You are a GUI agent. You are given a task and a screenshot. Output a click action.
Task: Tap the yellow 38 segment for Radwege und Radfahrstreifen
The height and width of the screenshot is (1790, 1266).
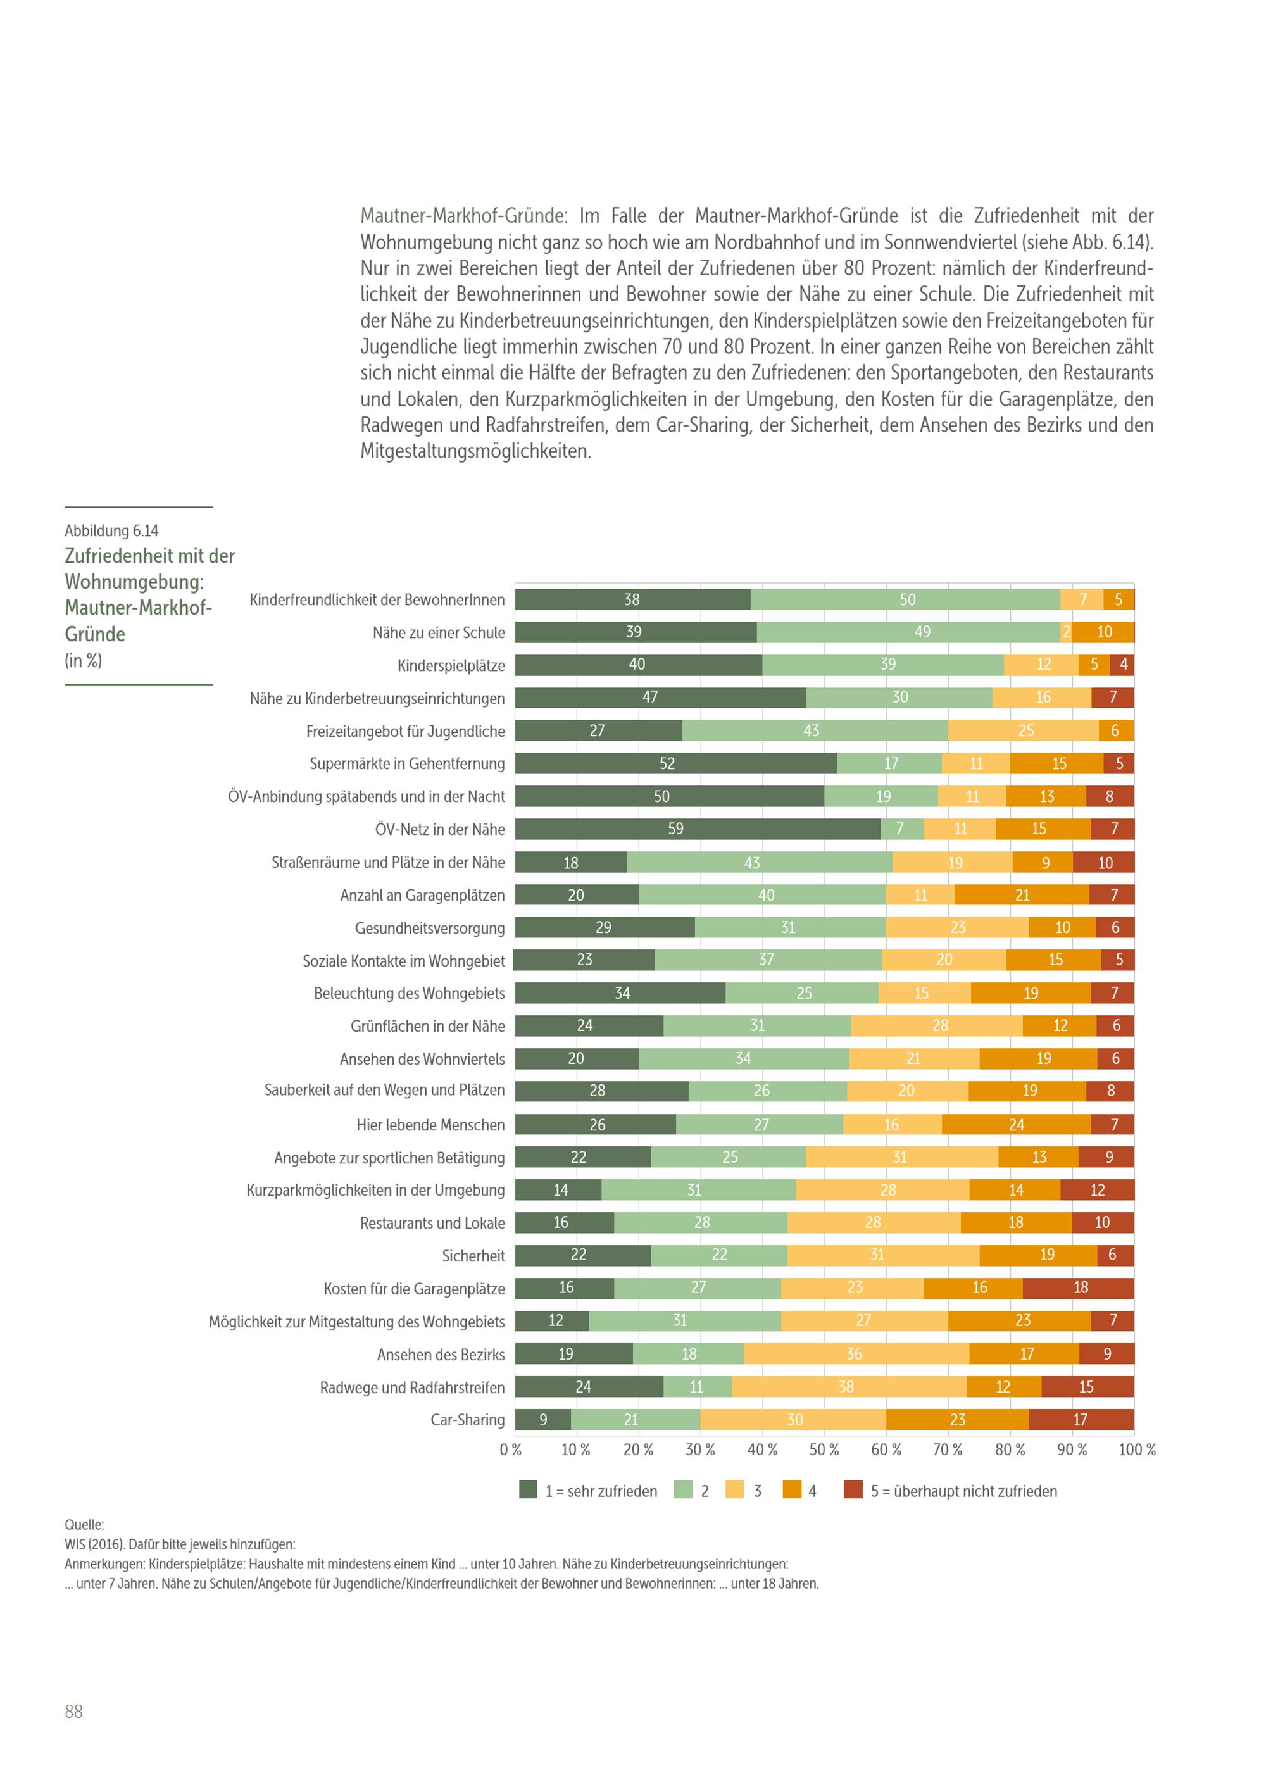tap(849, 1386)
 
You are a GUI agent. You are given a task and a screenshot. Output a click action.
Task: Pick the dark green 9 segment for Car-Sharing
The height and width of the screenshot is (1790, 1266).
tap(542, 1419)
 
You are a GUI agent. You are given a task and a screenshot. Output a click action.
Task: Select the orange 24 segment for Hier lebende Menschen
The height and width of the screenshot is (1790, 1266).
tap(1016, 1124)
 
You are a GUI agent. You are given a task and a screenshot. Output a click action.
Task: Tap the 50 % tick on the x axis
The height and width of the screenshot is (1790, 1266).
tap(824, 1449)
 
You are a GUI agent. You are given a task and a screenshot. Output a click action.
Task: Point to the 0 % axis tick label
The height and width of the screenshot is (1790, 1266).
tap(511, 1449)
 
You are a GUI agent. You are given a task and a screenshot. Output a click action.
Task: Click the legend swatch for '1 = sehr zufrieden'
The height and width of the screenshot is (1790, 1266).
tap(528, 1490)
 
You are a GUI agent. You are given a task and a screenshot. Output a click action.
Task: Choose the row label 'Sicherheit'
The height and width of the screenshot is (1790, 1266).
tap(473, 1255)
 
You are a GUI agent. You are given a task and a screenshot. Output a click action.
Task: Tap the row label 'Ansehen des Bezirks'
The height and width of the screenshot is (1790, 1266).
tap(441, 1354)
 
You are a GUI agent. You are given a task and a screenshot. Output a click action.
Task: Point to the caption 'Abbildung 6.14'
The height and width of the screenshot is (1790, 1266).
tap(111, 531)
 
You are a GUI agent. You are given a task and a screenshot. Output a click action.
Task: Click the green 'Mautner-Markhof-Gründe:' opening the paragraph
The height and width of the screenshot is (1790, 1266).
tap(464, 216)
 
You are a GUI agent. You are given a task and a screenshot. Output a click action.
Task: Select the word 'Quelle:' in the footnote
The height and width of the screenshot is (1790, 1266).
tap(84, 1524)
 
